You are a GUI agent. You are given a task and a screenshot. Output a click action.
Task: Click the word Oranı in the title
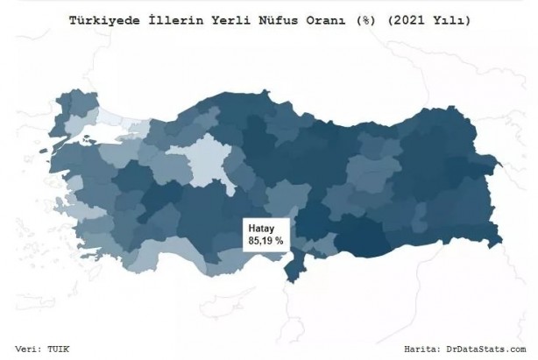pyautogui.click(x=325, y=18)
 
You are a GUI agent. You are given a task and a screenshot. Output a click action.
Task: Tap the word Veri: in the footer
pyautogui.click(x=31, y=349)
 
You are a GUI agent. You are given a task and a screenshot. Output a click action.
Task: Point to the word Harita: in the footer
pyautogui.click(x=429, y=349)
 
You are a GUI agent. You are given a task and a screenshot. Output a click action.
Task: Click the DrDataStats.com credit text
pyautogui.click(x=488, y=349)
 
